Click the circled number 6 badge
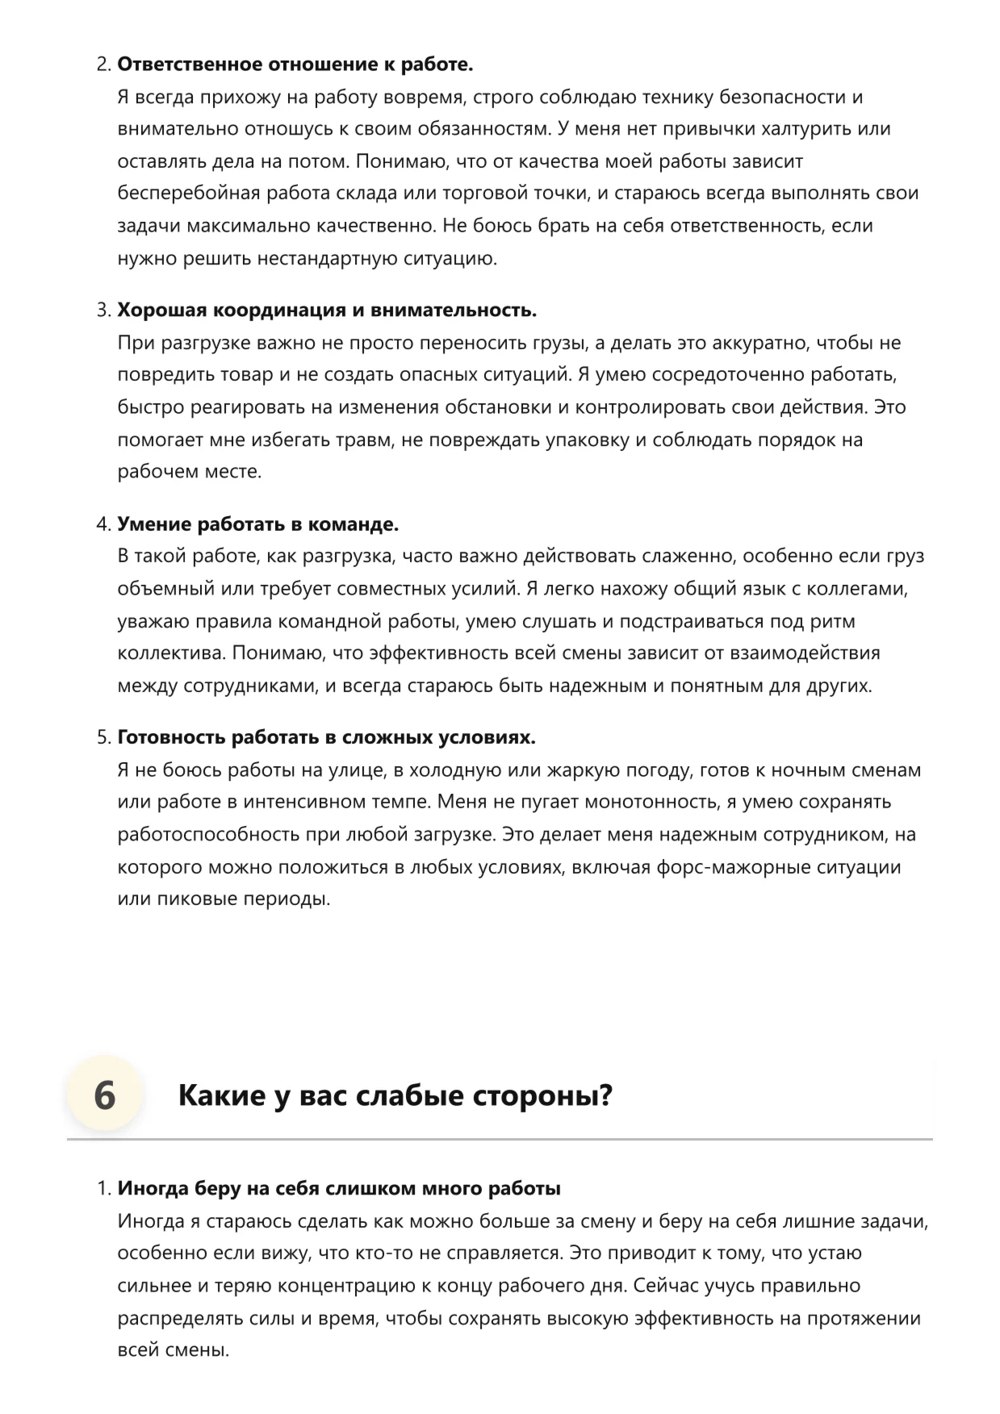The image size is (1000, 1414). coord(104,1095)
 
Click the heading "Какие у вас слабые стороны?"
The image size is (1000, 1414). coord(395,1095)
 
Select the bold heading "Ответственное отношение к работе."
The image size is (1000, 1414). coord(295,65)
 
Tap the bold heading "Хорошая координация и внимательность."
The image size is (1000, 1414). coord(327,311)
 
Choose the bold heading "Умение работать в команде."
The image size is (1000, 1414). coord(258,524)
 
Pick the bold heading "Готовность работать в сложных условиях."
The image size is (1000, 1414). coord(327,738)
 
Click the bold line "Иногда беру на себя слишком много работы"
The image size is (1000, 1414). coord(339,1188)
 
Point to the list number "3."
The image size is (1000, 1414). coord(103,311)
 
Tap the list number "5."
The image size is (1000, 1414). coord(103,738)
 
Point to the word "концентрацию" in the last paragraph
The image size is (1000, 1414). coord(387,1286)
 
